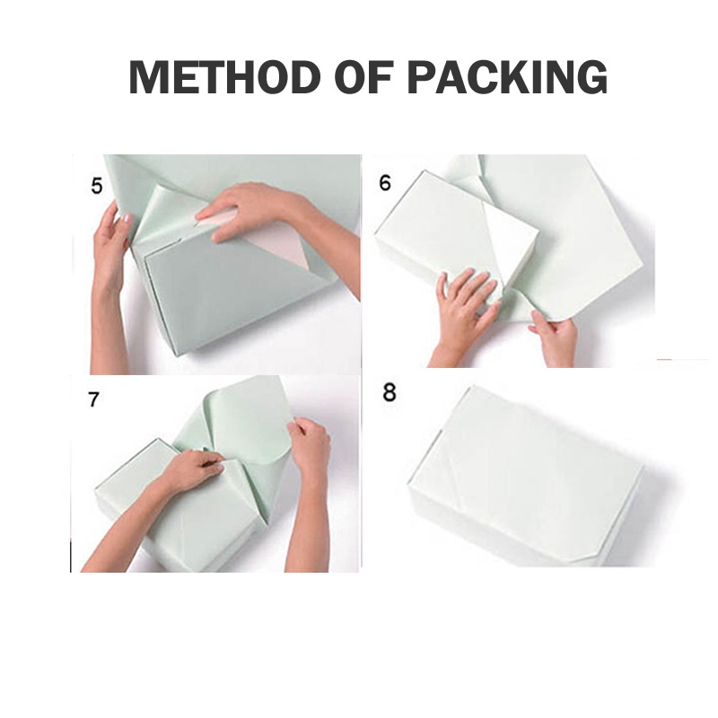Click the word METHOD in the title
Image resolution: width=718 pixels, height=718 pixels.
click(225, 77)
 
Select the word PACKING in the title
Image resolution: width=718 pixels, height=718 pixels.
click(507, 77)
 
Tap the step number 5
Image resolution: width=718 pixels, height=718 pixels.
click(97, 187)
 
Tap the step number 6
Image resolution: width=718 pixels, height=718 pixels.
click(385, 183)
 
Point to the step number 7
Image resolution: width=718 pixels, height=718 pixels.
click(93, 399)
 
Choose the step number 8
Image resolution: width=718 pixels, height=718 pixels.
click(389, 393)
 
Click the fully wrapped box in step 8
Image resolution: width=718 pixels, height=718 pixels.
click(527, 477)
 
